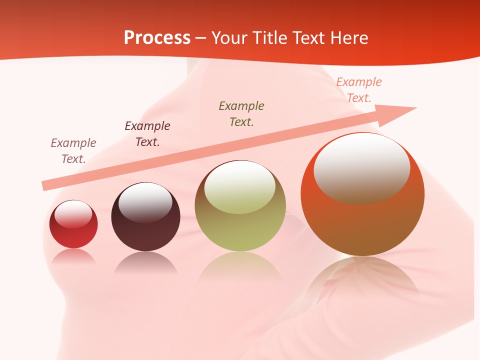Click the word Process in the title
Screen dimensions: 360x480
point(157,37)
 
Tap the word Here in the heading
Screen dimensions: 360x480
point(348,38)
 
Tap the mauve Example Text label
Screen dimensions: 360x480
point(73,151)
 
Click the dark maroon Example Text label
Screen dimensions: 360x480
point(147,134)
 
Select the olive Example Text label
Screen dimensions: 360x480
point(241,114)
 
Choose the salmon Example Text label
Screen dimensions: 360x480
point(359,90)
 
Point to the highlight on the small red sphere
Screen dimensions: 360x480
point(73,214)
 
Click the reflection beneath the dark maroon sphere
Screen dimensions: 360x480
point(145,262)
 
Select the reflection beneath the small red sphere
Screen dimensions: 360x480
point(73,256)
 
